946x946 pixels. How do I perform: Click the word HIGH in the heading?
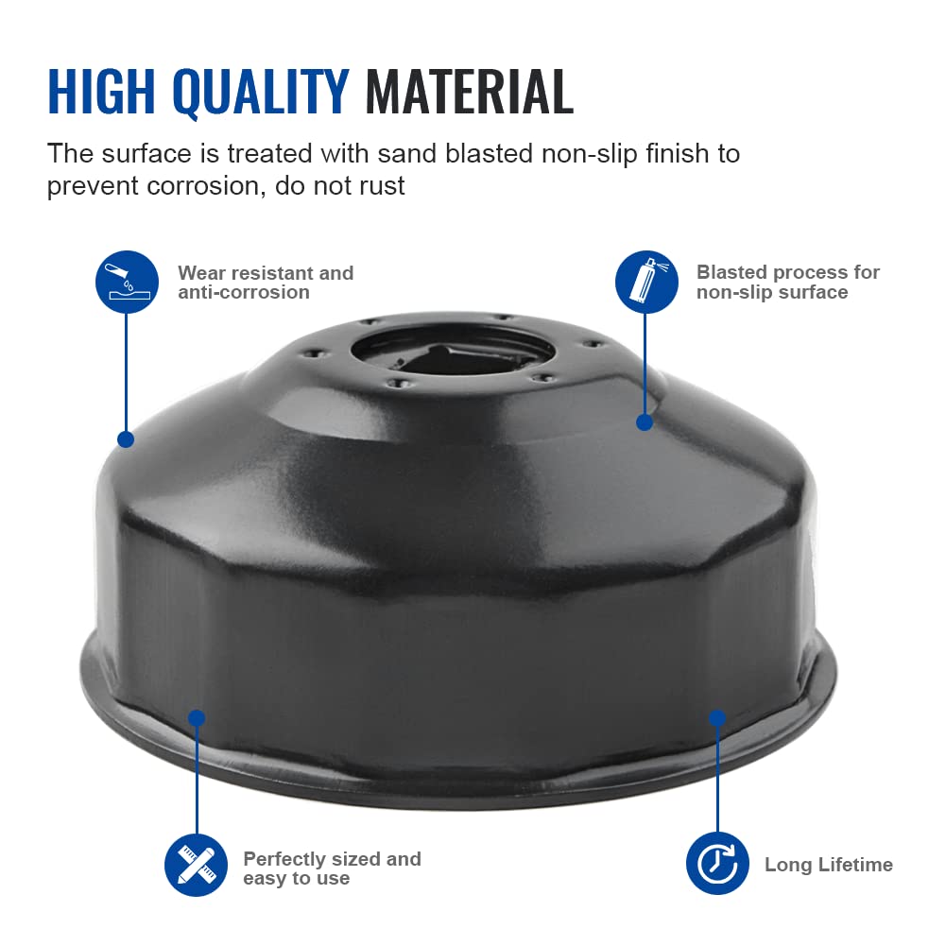click(x=101, y=91)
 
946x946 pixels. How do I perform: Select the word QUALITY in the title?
click(x=261, y=93)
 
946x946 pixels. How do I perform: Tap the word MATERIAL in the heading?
click(x=469, y=91)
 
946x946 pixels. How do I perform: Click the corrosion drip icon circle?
click(x=127, y=282)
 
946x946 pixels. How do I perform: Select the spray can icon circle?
click(x=646, y=282)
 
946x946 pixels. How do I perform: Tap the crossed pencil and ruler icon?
click(x=196, y=865)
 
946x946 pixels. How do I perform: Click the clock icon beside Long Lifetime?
click(x=717, y=864)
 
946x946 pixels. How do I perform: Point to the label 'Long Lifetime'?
click(x=829, y=865)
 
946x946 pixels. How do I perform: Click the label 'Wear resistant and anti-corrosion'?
click(x=266, y=283)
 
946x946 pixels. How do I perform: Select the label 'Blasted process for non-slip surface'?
click(x=788, y=282)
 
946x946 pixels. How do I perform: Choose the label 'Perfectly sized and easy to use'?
click(x=332, y=869)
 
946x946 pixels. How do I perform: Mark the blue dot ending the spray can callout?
click(x=645, y=422)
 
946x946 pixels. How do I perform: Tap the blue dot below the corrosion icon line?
click(x=126, y=439)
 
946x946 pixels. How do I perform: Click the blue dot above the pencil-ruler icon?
click(x=197, y=718)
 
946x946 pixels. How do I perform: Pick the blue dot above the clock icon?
click(x=716, y=717)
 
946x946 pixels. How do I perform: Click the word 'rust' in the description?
click(x=381, y=186)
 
